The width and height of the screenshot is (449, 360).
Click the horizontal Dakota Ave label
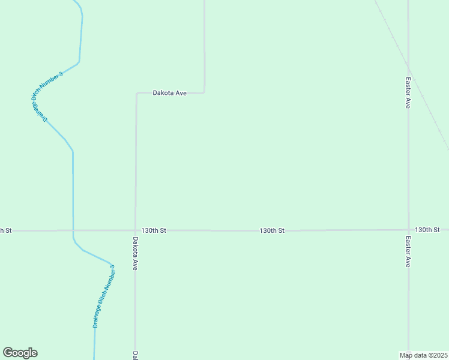coord(170,93)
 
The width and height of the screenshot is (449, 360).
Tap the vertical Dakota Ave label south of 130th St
coord(136,253)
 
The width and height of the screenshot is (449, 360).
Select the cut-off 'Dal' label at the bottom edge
coord(136,355)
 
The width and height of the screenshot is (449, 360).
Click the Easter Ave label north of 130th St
coord(408,92)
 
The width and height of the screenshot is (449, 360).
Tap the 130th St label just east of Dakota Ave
coord(154,230)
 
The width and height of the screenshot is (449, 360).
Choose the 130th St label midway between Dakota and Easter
coord(272,230)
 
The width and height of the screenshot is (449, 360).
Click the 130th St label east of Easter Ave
coord(427,230)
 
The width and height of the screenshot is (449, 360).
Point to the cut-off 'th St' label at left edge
coord(5,230)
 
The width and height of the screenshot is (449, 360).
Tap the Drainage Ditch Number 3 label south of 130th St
coord(104,296)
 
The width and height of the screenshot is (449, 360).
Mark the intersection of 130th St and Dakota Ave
coord(136,230)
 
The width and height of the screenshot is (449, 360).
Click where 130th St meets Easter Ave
coord(408,230)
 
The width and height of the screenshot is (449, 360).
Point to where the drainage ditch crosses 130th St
coord(73,230)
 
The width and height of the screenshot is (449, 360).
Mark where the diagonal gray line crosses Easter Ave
coord(408,64)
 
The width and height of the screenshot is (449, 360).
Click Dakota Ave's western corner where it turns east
coord(136,94)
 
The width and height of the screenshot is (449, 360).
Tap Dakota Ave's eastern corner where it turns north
coord(204,92)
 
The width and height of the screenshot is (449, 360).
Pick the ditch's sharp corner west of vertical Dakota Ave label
coord(112,264)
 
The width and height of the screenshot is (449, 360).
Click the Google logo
coord(20,353)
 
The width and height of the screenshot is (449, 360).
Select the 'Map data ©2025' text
coord(423,355)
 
